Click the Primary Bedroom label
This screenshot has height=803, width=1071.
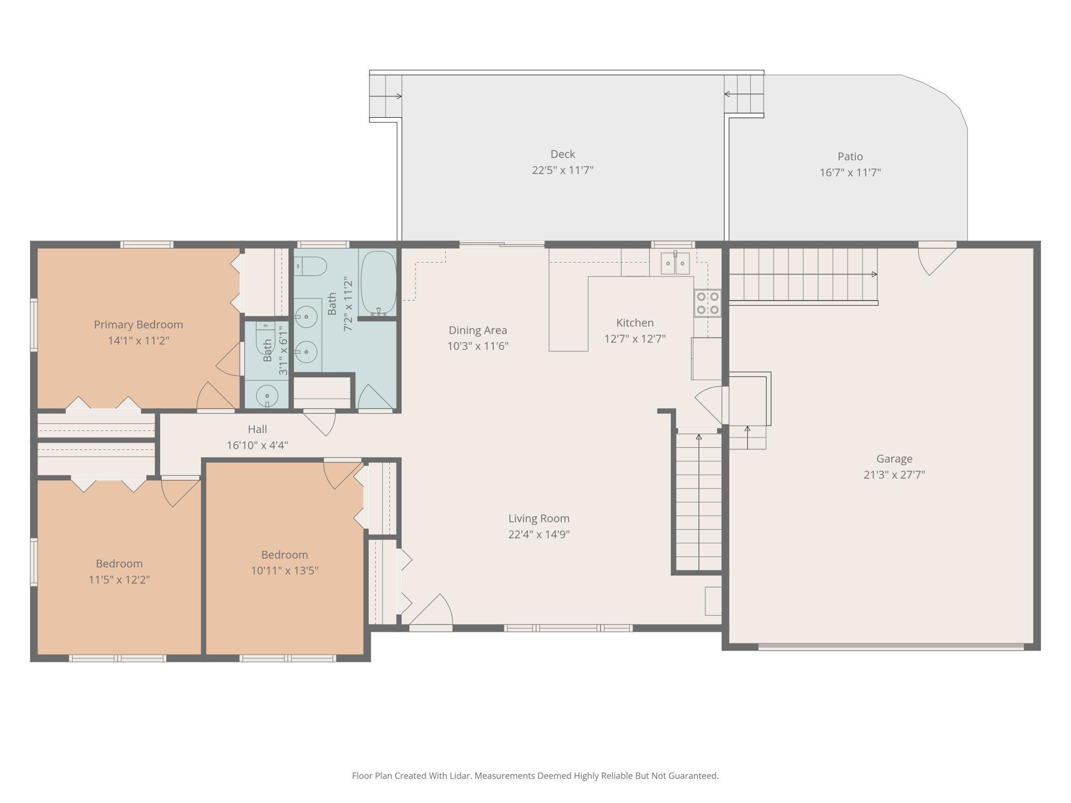[x=138, y=325]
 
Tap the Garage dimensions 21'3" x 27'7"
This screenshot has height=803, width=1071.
[x=894, y=475]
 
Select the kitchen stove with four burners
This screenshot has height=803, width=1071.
[x=707, y=303]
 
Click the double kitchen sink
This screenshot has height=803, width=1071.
[x=675, y=264]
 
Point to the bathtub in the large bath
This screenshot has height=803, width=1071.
[x=378, y=283]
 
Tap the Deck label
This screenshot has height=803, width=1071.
[x=562, y=154]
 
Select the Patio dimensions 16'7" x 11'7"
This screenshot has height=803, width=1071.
[x=850, y=172]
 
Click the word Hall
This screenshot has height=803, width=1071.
[x=257, y=429]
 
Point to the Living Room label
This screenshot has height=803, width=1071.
[x=539, y=518]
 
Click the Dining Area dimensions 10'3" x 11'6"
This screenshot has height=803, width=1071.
[x=477, y=346]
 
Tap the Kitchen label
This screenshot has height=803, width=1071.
[x=634, y=323]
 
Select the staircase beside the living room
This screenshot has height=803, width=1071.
[x=698, y=502]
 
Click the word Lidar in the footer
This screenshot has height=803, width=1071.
[x=460, y=775]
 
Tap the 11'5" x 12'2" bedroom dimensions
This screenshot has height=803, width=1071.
[x=119, y=580]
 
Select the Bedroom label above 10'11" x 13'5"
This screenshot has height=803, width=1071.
[x=284, y=555]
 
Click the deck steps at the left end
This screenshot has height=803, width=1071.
[x=385, y=96]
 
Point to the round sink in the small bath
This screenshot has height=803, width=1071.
[x=267, y=396]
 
